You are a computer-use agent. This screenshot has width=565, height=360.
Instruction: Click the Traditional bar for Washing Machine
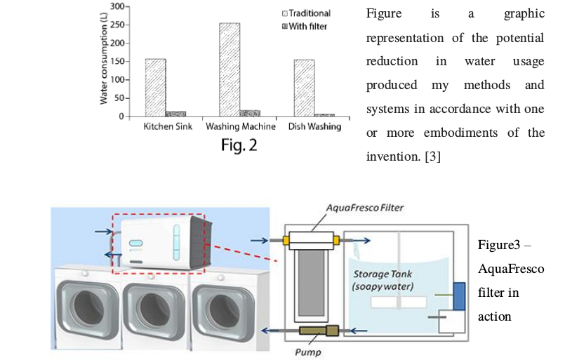[x=230, y=69]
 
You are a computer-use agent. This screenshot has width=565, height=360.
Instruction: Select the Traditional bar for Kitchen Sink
[x=155, y=87]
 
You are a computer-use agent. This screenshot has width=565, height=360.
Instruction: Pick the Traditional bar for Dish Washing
[x=304, y=88]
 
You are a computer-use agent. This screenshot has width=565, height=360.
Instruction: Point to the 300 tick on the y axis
[x=117, y=6]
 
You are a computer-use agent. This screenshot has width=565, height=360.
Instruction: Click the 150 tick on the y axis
[x=117, y=61]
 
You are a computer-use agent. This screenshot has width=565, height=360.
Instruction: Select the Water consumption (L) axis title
[x=104, y=64]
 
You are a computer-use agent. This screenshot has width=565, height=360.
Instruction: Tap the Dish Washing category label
[x=314, y=127]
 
